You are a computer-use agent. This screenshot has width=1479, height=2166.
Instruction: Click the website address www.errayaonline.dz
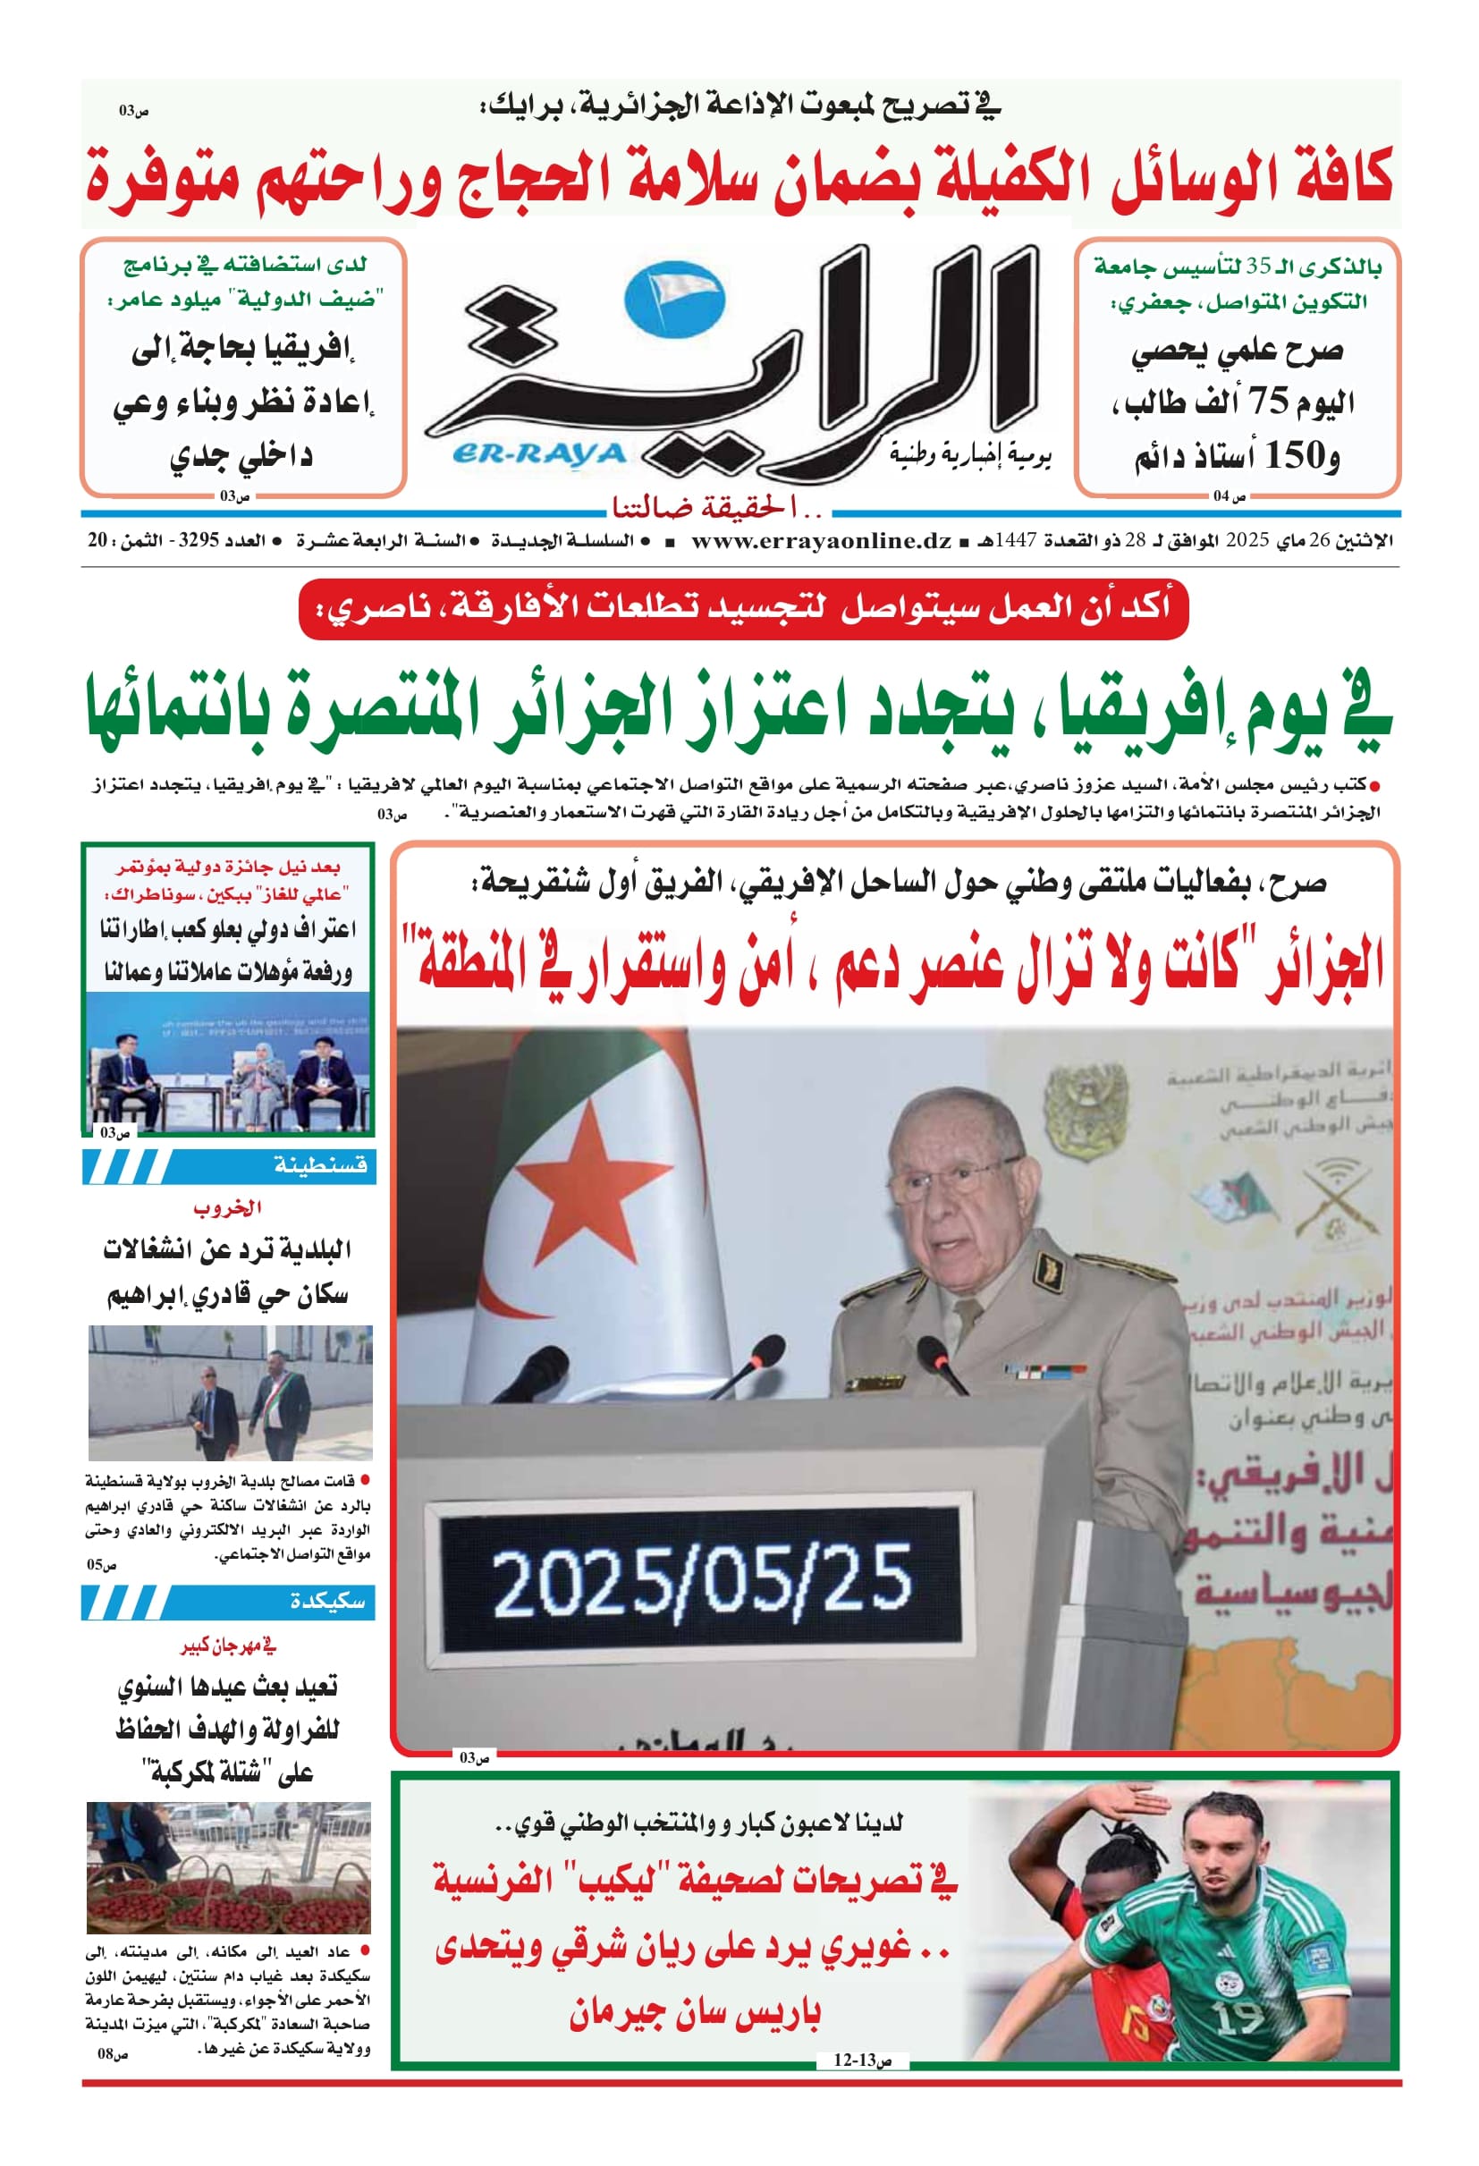pyautogui.click(x=821, y=540)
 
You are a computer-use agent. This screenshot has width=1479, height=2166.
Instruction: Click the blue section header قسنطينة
pyautogui.click(x=319, y=1165)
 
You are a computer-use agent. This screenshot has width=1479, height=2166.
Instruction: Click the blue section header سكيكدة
pyautogui.click(x=326, y=1601)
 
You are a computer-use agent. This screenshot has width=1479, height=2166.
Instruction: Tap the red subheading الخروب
pyautogui.click(x=227, y=1208)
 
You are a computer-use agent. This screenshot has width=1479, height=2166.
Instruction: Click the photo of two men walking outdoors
pyautogui.click(x=230, y=1392)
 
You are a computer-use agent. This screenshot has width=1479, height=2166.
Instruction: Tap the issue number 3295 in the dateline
pyautogui.click(x=198, y=540)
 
